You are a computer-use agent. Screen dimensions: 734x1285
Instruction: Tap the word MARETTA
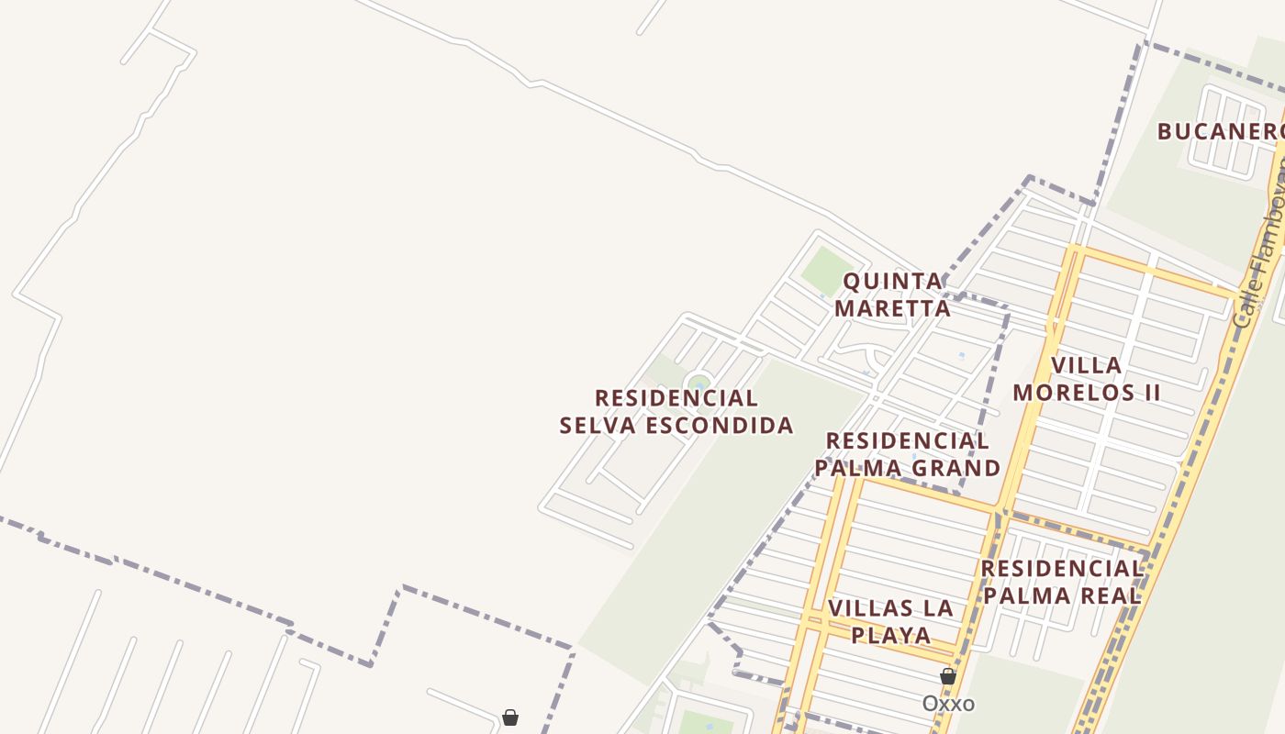tap(892, 308)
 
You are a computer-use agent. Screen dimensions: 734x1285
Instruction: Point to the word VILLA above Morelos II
tap(1087, 365)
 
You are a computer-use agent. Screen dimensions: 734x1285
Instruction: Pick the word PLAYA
tap(890, 635)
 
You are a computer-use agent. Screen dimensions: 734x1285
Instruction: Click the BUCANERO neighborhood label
tap(1219, 131)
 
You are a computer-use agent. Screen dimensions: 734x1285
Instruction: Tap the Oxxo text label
tap(948, 704)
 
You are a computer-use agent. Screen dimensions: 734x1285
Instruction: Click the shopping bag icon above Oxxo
tap(948, 677)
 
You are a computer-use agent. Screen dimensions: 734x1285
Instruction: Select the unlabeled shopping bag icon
tap(510, 717)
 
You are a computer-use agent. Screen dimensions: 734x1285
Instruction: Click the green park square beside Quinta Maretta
tap(827, 270)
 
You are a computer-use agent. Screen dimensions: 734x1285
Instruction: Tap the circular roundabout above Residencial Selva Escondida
tap(699, 383)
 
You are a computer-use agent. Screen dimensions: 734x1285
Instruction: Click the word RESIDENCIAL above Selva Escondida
tap(676, 398)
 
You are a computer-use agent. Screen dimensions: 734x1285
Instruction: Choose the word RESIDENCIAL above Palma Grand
tap(907, 441)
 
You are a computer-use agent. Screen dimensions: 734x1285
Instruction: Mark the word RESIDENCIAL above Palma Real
tap(1061, 569)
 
